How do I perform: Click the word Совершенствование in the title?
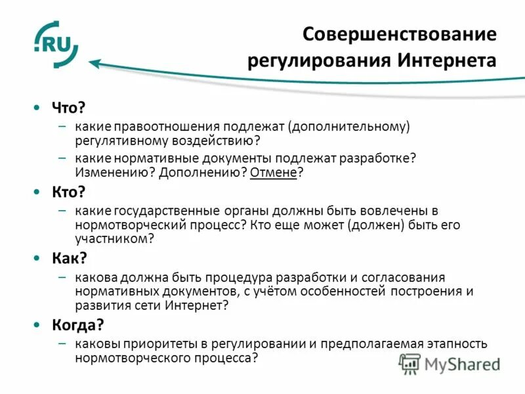(399, 34)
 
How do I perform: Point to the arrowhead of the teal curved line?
(94, 64)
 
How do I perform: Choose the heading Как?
(69, 257)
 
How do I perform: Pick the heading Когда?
(78, 324)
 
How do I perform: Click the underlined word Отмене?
(276, 173)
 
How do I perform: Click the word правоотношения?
(168, 125)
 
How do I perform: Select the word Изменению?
(108, 173)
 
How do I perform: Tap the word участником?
(114, 240)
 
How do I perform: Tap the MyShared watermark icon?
(410, 363)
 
